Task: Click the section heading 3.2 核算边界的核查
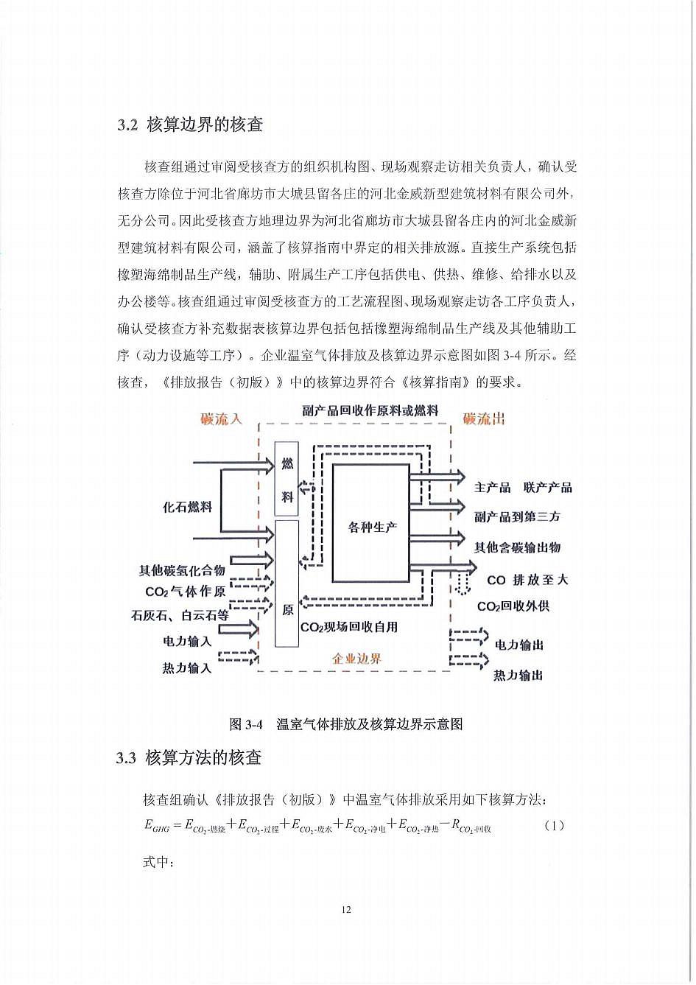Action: click(x=190, y=125)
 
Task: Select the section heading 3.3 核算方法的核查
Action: click(x=189, y=757)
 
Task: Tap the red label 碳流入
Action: click(x=221, y=419)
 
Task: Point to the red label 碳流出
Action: click(x=484, y=419)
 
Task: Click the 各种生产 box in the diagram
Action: click(x=371, y=526)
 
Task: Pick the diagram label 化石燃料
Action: click(x=188, y=508)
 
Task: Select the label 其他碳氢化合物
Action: click(x=182, y=570)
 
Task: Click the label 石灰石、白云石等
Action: click(x=180, y=615)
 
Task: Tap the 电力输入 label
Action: click(x=187, y=641)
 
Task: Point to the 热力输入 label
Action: click(x=187, y=667)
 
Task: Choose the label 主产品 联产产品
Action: click(x=523, y=488)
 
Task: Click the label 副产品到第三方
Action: click(x=517, y=517)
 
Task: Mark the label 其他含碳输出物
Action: click(x=517, y=547)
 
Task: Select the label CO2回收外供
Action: click(x=513, y=606)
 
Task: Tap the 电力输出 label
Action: click(x=519, y=645)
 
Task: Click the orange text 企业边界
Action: click(x=356, y=659)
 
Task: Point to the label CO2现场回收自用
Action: click(x=349, y=627)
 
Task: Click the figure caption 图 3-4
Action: click(x=346, y=724)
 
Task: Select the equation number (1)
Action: click(x=554, y=825)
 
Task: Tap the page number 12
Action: click(x=347, y=909)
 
